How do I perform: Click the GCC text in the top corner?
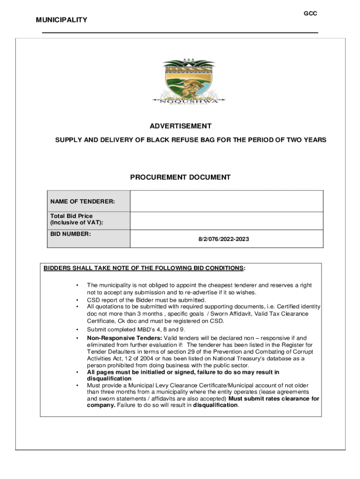coord(310,14)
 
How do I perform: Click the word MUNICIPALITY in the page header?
coord(61,20)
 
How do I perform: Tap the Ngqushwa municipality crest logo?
coord(188,82)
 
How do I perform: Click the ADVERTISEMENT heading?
coord(180,126)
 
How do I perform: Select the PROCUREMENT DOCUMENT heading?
coord(180,177)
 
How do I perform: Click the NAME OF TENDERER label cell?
coord(83,202)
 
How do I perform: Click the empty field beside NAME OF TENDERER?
coord(226,201)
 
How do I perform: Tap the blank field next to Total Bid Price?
coord(226,221)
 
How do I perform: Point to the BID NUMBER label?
coord(71,233)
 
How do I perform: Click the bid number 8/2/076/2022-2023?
coord(223,239)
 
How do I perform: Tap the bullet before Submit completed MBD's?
coord(76,330)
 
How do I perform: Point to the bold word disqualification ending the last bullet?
coord(216,405)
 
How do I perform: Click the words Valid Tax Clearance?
coord(286,313)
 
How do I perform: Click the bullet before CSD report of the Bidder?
coord(76,300)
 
